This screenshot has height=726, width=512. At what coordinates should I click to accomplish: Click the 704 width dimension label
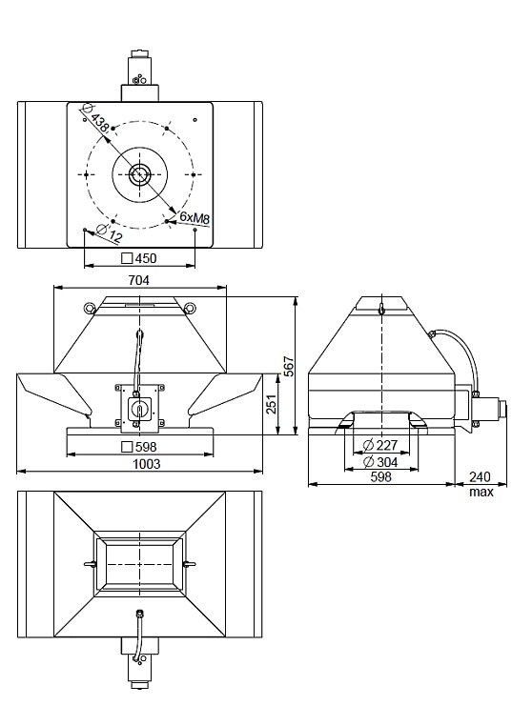pos(139,280)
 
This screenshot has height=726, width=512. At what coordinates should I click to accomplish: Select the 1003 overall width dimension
pos(139,463)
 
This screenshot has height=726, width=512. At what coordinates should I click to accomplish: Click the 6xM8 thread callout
pos(195,218)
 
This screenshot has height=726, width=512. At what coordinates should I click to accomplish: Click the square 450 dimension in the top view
pos(139,258)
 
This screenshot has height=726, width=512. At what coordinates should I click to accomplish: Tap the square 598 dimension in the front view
pos(139,446)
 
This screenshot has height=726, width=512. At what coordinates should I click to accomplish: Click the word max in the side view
pos(480,493)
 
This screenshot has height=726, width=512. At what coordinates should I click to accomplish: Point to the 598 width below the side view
pos(380,478)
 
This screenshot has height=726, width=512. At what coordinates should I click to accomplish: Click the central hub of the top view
pos(140,174)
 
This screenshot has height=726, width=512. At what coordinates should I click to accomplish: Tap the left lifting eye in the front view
pos(89,307)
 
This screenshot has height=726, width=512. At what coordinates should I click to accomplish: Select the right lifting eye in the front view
pos(191,307)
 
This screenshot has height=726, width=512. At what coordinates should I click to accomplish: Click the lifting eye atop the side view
pos(380,308)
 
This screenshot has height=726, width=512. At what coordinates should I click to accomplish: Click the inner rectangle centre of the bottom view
pos(139,565)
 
